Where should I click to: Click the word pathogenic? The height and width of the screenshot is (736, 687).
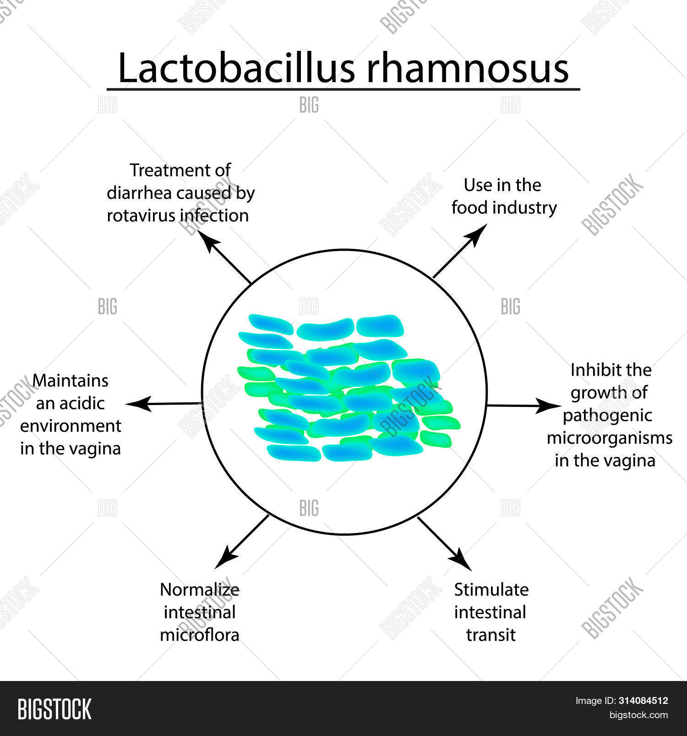pos(607,415)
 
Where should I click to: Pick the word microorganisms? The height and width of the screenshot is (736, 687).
pos(609,438)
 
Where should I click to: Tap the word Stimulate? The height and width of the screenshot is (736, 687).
pos(491,589)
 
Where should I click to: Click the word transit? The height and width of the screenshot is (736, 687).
pos(491,635)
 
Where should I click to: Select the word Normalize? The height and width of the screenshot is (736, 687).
pos(199,589)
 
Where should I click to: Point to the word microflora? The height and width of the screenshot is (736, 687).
pos(199,635)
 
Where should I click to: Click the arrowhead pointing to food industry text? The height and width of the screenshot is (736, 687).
pos(478,233)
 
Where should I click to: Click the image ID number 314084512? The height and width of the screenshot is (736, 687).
pos(643,701)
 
